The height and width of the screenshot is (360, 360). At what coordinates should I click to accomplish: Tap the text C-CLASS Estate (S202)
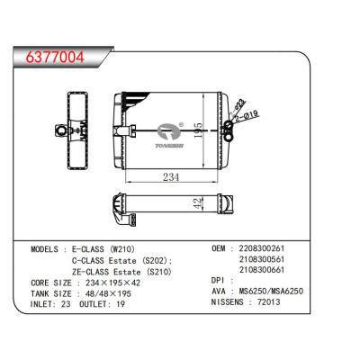pyautogui.click(x=123, y=260)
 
